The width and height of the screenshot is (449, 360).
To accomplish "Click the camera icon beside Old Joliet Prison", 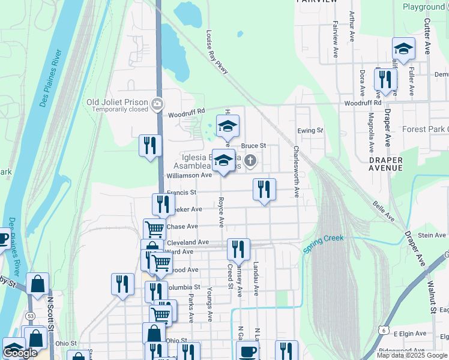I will coord(157,104).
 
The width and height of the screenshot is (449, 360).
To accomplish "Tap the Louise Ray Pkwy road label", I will coord(217,53).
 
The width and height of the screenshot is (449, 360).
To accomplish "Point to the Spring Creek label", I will coord(324,243).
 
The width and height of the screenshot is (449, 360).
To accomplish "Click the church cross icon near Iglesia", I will coord(250,160).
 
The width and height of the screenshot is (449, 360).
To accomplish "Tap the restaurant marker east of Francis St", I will coord(264,190).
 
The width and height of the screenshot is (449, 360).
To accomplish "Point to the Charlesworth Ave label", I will coord(297,172).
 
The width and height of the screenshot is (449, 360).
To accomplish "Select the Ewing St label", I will coord(310,130).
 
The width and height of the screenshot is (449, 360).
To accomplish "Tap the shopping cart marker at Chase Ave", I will coord(155,229).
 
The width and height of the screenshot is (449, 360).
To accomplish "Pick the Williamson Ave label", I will coord(190,175).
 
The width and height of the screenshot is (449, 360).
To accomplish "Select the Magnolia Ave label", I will coord(372,133).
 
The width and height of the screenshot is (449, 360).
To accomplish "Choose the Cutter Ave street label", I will coord(427,36).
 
